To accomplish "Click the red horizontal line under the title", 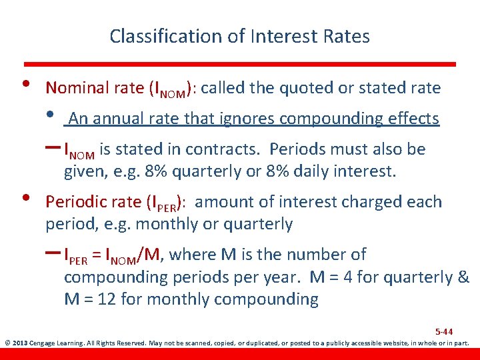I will point(240,64).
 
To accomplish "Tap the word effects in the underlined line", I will point(413,119).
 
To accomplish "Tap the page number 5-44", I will point(443,331).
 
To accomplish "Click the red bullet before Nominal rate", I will point(25,83).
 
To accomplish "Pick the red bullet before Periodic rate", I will point(25,197).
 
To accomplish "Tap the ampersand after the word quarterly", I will point(463,277).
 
